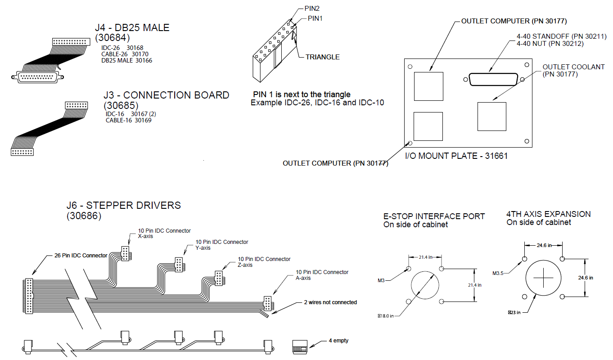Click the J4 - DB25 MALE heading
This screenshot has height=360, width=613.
point(132,28)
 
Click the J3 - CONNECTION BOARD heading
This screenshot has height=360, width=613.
point(166,95)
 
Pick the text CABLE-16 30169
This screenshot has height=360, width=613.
point(128,121)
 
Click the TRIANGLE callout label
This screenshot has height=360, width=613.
point(322,57)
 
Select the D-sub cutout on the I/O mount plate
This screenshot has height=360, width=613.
point(494,80)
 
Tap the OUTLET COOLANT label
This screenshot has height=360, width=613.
point(573,67)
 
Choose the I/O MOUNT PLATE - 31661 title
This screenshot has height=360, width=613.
point(457,156)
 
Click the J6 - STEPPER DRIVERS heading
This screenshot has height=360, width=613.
point(123,206)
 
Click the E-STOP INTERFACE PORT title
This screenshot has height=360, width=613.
point(434,216)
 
